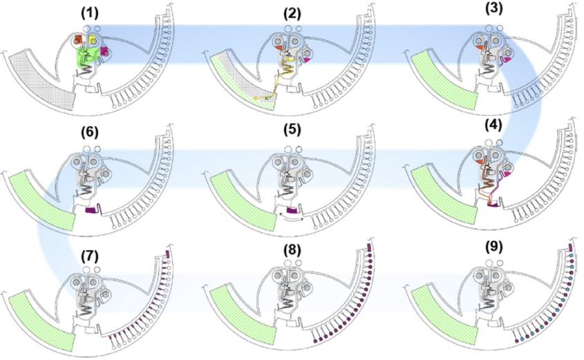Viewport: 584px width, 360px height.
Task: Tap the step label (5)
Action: coord(294,130)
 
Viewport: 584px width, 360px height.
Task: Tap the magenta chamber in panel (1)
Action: coord(105,50)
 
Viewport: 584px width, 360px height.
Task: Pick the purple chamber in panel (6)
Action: coord(92,209)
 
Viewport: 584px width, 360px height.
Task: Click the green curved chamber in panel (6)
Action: coord(41,200)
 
